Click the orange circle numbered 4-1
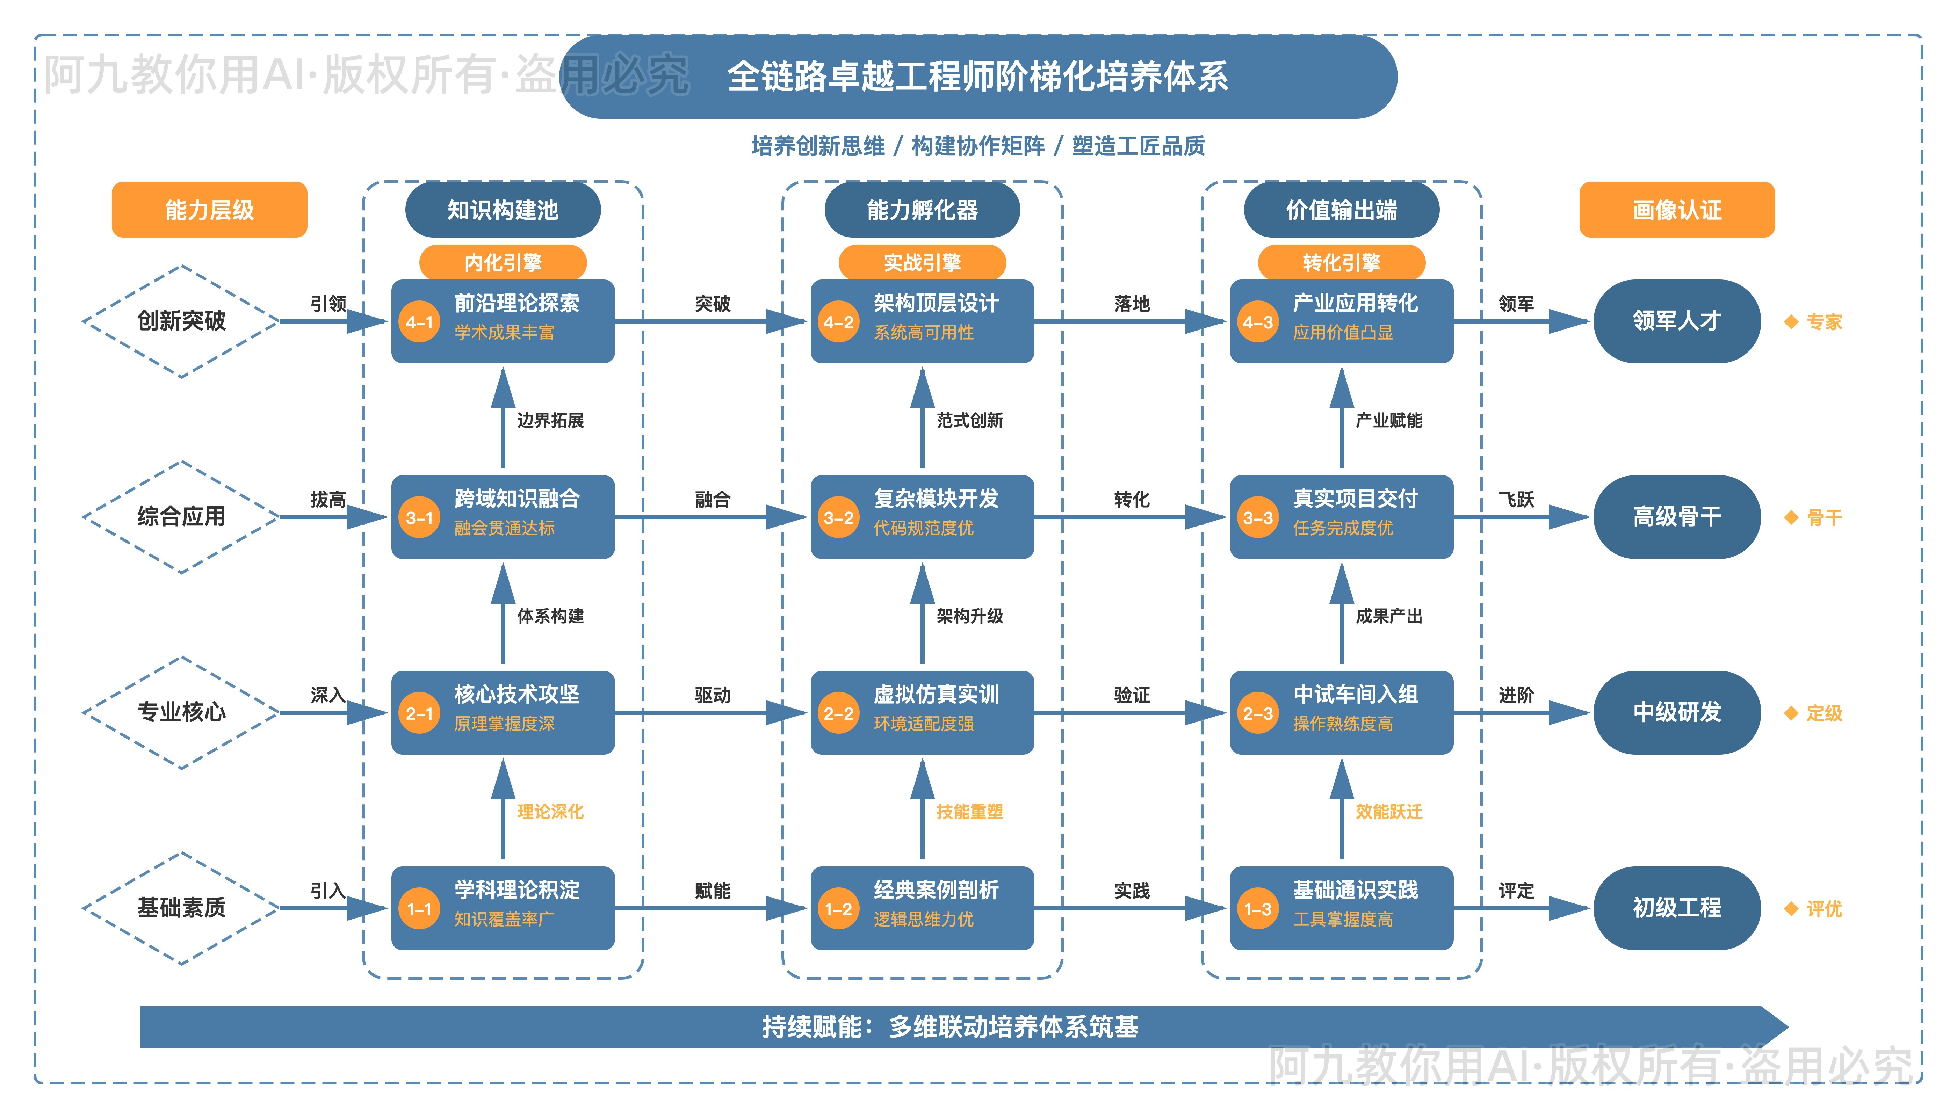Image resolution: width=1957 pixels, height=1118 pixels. click(419, 322)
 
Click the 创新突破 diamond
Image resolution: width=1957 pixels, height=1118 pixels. click(181, 321)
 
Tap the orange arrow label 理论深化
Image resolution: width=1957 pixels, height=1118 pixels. click(550, 812)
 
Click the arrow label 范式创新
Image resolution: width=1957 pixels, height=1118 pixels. click(969, 420)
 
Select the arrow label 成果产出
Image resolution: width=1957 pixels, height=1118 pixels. click(1389, 616)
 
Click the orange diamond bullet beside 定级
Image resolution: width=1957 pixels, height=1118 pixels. click(1791, 713)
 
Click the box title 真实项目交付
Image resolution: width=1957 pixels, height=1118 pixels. click(1355, 499)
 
